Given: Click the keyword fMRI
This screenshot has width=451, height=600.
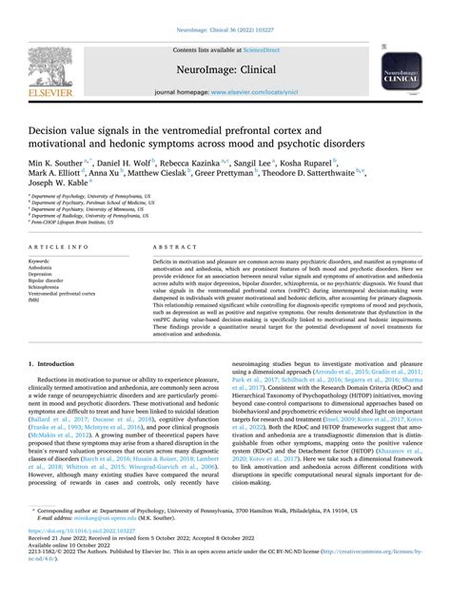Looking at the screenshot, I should tap(36, 301).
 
